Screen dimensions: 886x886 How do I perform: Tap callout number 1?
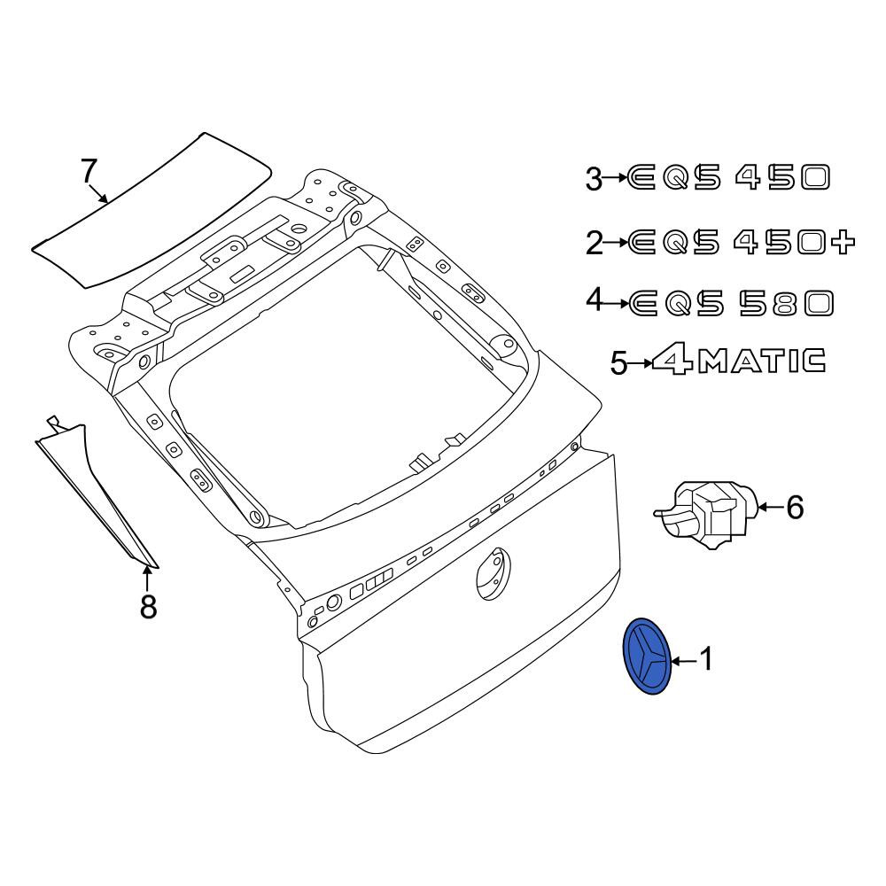pos(707,659)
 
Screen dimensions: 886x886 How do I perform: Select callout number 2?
pos(595,244)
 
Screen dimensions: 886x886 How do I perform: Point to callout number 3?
pos(595,179)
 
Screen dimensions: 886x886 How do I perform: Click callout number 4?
pos(595,299)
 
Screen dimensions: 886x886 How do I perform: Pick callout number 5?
pos(619,362)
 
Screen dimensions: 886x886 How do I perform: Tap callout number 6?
pos(795,507)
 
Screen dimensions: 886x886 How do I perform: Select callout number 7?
pos(89,171)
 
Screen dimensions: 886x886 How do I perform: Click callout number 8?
pos(147,606)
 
